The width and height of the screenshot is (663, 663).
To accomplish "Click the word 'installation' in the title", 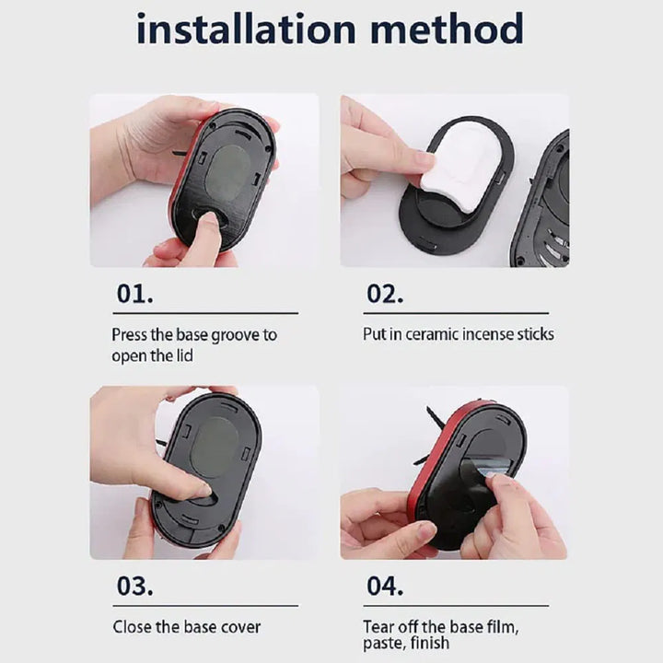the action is click(246, 29).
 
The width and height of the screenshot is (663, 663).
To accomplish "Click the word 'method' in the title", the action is click(448, 29).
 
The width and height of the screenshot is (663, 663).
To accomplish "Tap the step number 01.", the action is click(134, 294).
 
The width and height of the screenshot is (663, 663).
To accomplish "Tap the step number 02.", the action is click(385, 294).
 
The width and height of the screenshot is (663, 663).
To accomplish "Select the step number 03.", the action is click(134, 586).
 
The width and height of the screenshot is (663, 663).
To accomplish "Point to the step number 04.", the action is click(385, 586).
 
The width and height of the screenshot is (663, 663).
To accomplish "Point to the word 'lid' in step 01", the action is click(184, 355).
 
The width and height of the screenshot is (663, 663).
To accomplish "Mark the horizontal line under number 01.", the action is click(205, 313).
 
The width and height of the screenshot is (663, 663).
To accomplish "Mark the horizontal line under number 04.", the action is click(456, 606).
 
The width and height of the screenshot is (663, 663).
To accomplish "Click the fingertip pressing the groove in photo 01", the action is click(208, 221).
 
